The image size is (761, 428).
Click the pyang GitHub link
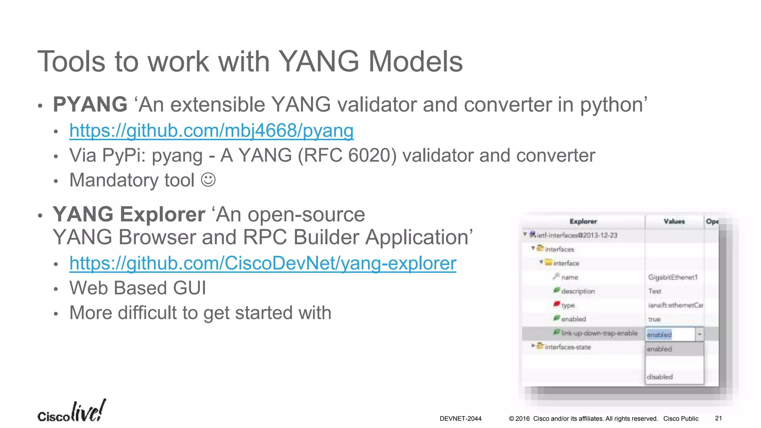(211, 131)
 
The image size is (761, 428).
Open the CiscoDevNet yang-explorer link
(262, 263)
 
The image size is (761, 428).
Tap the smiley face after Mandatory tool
(208, 180)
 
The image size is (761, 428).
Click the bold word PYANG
(90, 104)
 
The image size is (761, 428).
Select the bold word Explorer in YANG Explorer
(162, 214)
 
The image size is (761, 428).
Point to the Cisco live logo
(71, 412)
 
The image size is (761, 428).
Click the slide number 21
(718, 418)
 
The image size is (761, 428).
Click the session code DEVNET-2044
(460, 419)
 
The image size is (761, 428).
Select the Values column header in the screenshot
(674, 221)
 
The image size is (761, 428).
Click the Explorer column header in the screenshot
(583, 221)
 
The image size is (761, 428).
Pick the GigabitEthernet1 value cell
(673, 277)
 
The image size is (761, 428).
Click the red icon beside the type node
(556, 304)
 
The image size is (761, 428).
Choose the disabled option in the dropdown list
(660, 377)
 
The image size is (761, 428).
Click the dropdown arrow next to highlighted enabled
(699, 334)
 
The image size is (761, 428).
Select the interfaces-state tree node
(567, 347)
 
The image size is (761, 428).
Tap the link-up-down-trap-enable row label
(599, 333)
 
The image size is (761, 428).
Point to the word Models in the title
(415, 61)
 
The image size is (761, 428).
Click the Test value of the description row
(655, 291)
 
